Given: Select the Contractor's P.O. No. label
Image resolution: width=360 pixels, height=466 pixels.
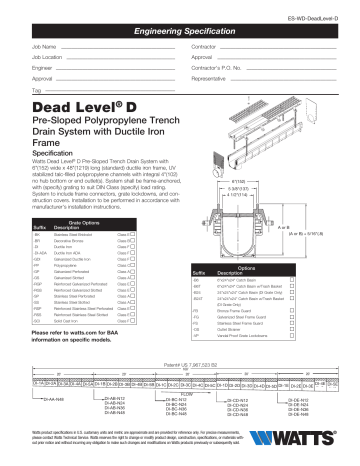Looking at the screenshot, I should pos(214,67).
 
